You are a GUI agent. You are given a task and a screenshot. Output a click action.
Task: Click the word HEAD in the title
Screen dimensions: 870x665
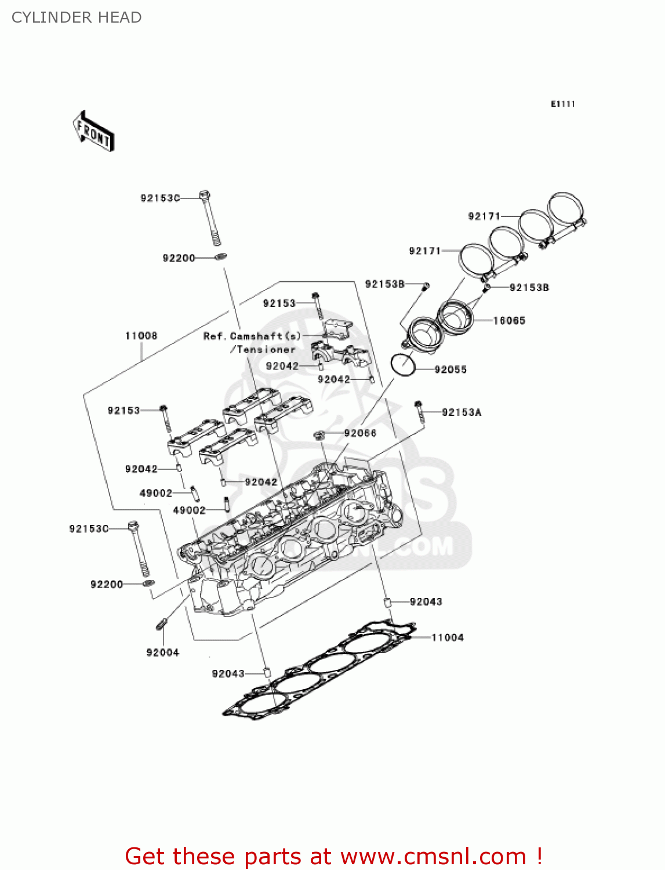pyautogui.click(x=120, y=17)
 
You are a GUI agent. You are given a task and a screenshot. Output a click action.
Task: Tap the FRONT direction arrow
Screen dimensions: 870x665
pyautogui.click(x=93, y=132)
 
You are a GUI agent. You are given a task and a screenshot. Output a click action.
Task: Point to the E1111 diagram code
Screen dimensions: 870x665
pyautogui.click(x=562, y=104)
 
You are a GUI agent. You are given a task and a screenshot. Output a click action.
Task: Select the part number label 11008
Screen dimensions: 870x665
pyautogui.click(x=141, y=336)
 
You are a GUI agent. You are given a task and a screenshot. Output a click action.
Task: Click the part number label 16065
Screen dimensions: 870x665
pyautogui.click(x=508, y=321)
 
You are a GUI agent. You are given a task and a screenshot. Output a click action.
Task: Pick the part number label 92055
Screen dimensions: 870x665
pyautogui.click(x=450, y=369)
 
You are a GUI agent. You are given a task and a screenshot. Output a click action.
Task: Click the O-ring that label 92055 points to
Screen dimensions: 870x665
pyautogui.click(x=403, y=365)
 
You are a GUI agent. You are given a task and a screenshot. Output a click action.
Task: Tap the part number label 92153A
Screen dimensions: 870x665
pyautogui.click(x=461, y=412)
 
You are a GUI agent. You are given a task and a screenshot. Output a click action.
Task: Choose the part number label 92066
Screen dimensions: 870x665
pyautogui.click(x=360, y=433)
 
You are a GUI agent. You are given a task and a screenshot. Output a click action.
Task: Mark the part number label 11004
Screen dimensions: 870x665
pyautogui.click(x=447, y=637)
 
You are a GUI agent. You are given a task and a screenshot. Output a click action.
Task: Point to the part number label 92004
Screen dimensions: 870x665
pyautogui.click(x=162, y=652)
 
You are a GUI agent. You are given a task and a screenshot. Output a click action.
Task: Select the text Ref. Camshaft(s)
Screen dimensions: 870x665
pyautogui.click(x=252, y=336)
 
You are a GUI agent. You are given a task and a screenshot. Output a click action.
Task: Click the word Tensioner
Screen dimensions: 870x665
pyautogui.click(x=266, y=350)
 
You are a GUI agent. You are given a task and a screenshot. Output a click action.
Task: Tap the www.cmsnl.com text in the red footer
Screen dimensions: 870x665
pyautogui.click(x=433, y=856)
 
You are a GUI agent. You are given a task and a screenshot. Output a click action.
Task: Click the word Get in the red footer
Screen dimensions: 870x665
pyautogui.click(x=146, y=856)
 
